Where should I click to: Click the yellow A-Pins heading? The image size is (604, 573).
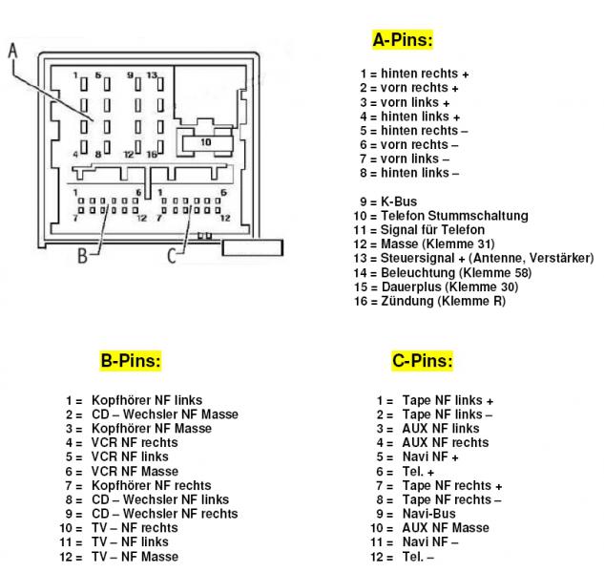pyautogui.click(x=402, y=40)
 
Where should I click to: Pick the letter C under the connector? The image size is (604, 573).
pyautogui.click(x=171, y=255)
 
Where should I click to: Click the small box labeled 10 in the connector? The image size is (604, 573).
pyautogui.click(x=205, y=141)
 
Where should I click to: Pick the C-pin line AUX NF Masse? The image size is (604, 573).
pyautogui.click(x=445, y=528)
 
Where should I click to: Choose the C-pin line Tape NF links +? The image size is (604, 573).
pyautogui.click(x=448, y=400)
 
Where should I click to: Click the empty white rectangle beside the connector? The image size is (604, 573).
pyautogui.click(x=252, y=247)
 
